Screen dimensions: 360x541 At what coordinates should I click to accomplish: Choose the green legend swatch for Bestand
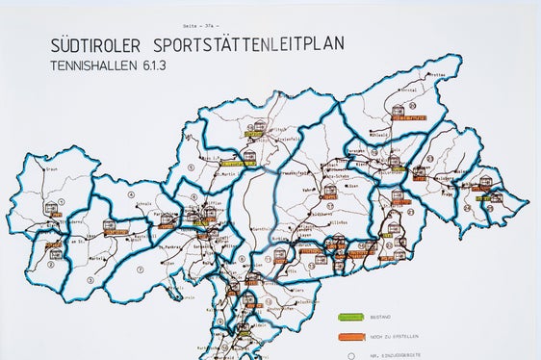click(x=350, y=317)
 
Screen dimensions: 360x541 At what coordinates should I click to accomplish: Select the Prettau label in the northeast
click(x=438, y=74)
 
